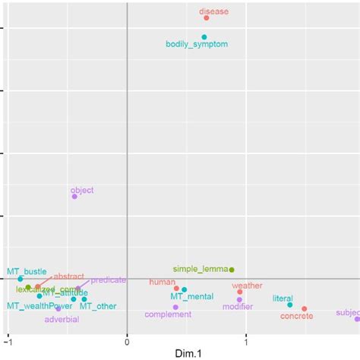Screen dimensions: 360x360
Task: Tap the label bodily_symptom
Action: point(196,44)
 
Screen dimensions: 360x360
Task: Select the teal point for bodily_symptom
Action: point(204,36)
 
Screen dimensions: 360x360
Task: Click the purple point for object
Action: point(74,196)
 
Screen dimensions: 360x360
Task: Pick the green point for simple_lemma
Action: point(232,270)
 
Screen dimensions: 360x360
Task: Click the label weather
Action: point(247,286)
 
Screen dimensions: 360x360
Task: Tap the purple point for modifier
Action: point(239,299)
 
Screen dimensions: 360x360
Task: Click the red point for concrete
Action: point(305,309)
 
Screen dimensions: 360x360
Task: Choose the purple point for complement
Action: point(175,307)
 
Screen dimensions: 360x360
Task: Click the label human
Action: point(162,282)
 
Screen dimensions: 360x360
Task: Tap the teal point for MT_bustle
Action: point(21,279)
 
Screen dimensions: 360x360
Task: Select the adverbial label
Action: point(62,319)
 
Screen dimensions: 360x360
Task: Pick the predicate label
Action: point(108,279)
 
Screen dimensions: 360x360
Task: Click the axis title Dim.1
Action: point(186,352)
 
